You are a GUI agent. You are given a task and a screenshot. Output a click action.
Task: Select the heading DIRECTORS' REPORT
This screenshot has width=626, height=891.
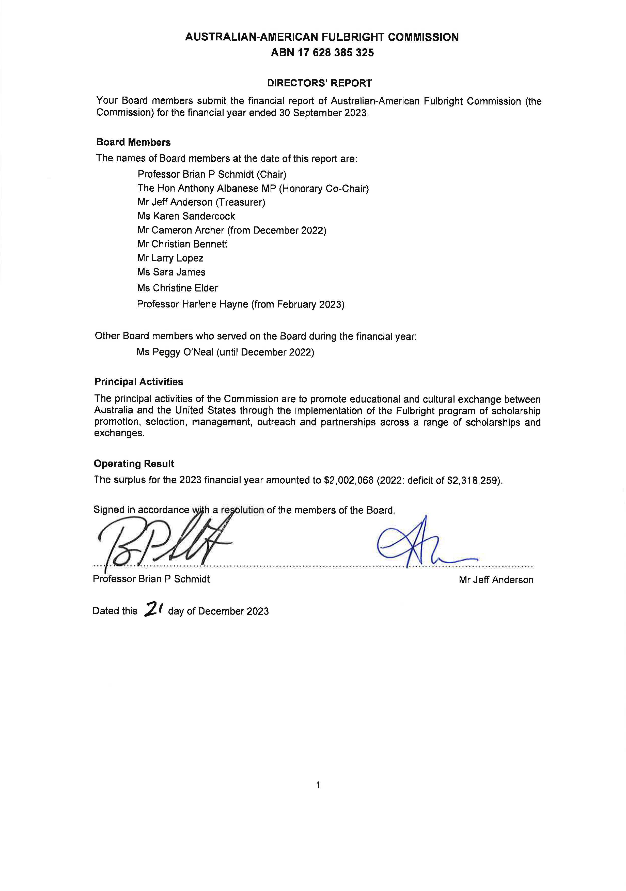[x=319, y=83]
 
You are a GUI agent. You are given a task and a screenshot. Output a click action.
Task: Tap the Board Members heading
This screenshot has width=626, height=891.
[x=133, y=142]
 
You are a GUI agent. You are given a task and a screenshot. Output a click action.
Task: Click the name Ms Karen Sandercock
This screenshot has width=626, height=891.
[x=186, y=216]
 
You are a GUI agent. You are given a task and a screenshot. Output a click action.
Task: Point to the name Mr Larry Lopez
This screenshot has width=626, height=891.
[x=170, y=258]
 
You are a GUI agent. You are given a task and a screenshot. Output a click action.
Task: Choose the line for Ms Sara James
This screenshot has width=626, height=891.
[x=171, y=272]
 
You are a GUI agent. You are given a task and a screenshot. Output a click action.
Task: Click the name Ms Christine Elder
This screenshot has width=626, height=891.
[x=177, y=288]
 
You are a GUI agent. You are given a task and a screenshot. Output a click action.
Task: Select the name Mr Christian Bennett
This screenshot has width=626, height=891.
[x=182, y=244]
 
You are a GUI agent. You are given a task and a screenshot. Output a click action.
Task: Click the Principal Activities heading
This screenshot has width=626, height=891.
[x=138, y=382]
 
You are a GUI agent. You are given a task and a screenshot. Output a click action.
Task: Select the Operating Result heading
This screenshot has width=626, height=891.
[x=134, y=464]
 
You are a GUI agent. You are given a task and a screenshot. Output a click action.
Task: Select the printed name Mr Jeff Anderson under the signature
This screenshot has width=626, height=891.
[x=496, y=580]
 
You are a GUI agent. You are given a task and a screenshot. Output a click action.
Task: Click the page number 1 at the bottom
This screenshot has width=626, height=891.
[x=318, y=785]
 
